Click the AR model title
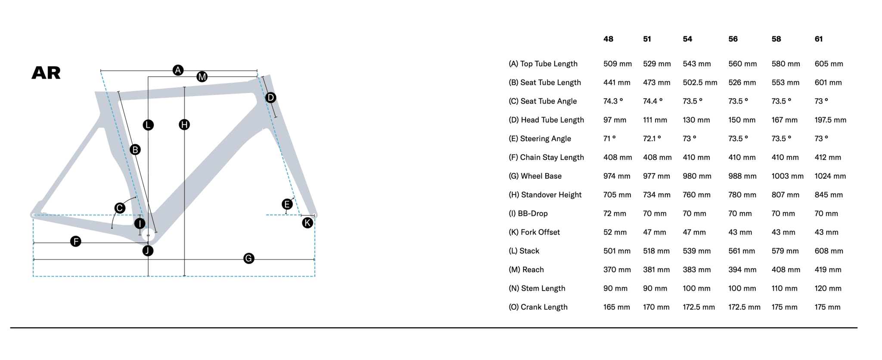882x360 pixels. pyautogui.click(x=46, y=73)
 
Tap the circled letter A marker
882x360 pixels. pyautogui.click(x=178, y=70)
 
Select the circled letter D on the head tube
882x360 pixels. pyautogui.click(x=270, y=97)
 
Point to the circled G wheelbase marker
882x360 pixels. pyautogui.click(x=248, y=258)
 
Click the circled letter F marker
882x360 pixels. pyautogui.click(x=76, y=242)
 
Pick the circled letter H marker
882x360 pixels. pyautogui.click(x=184, y=125)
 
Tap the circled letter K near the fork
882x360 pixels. pyautogui.click(x=307, y=223)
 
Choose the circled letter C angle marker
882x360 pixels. pyautogui.click(x=120, y=208)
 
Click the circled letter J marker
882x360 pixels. pyautogui.click(x=148, y=251)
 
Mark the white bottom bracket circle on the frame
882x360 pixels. pyautogui.click(x=148, y=236)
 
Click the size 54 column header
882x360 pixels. pyautogui.click(x=687, y=39)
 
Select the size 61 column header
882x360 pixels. pyautogui.click(x=819, y=39)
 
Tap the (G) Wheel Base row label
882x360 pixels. pyautogui.click(x=535, y=176)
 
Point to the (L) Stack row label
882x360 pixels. pyautogui.click(x=524, y=251)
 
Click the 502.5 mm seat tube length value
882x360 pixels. pyautogui.click(x=700, y=83)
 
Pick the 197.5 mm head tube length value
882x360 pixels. pyautogui.click(x=830, y=120)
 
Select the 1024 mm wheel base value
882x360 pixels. pyautogui.click(x=830, y=176)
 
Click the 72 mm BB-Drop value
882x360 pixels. pyautogui.click(x=615, y=214)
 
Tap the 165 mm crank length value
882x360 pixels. pyautogui.click(x=616, y=307)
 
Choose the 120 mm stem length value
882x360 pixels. pyautogui.click(x=828, y=289)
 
